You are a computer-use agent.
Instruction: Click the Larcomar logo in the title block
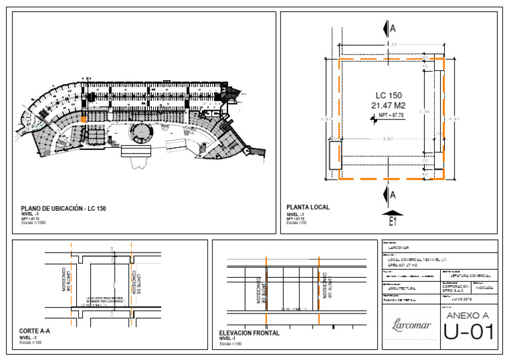coord(411,326)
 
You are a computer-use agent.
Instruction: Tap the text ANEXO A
coord(469,315)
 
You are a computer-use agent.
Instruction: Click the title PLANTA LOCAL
coord(308,208)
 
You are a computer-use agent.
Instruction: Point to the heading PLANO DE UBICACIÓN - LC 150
coord(64,209)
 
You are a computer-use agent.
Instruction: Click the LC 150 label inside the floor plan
coord(388,95)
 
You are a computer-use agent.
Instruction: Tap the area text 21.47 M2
coord(388,105)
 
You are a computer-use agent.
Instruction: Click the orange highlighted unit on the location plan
coord(84,118)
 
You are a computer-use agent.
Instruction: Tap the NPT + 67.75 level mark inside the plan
coord(390,116)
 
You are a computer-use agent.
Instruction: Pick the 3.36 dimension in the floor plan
coord(426,112)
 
